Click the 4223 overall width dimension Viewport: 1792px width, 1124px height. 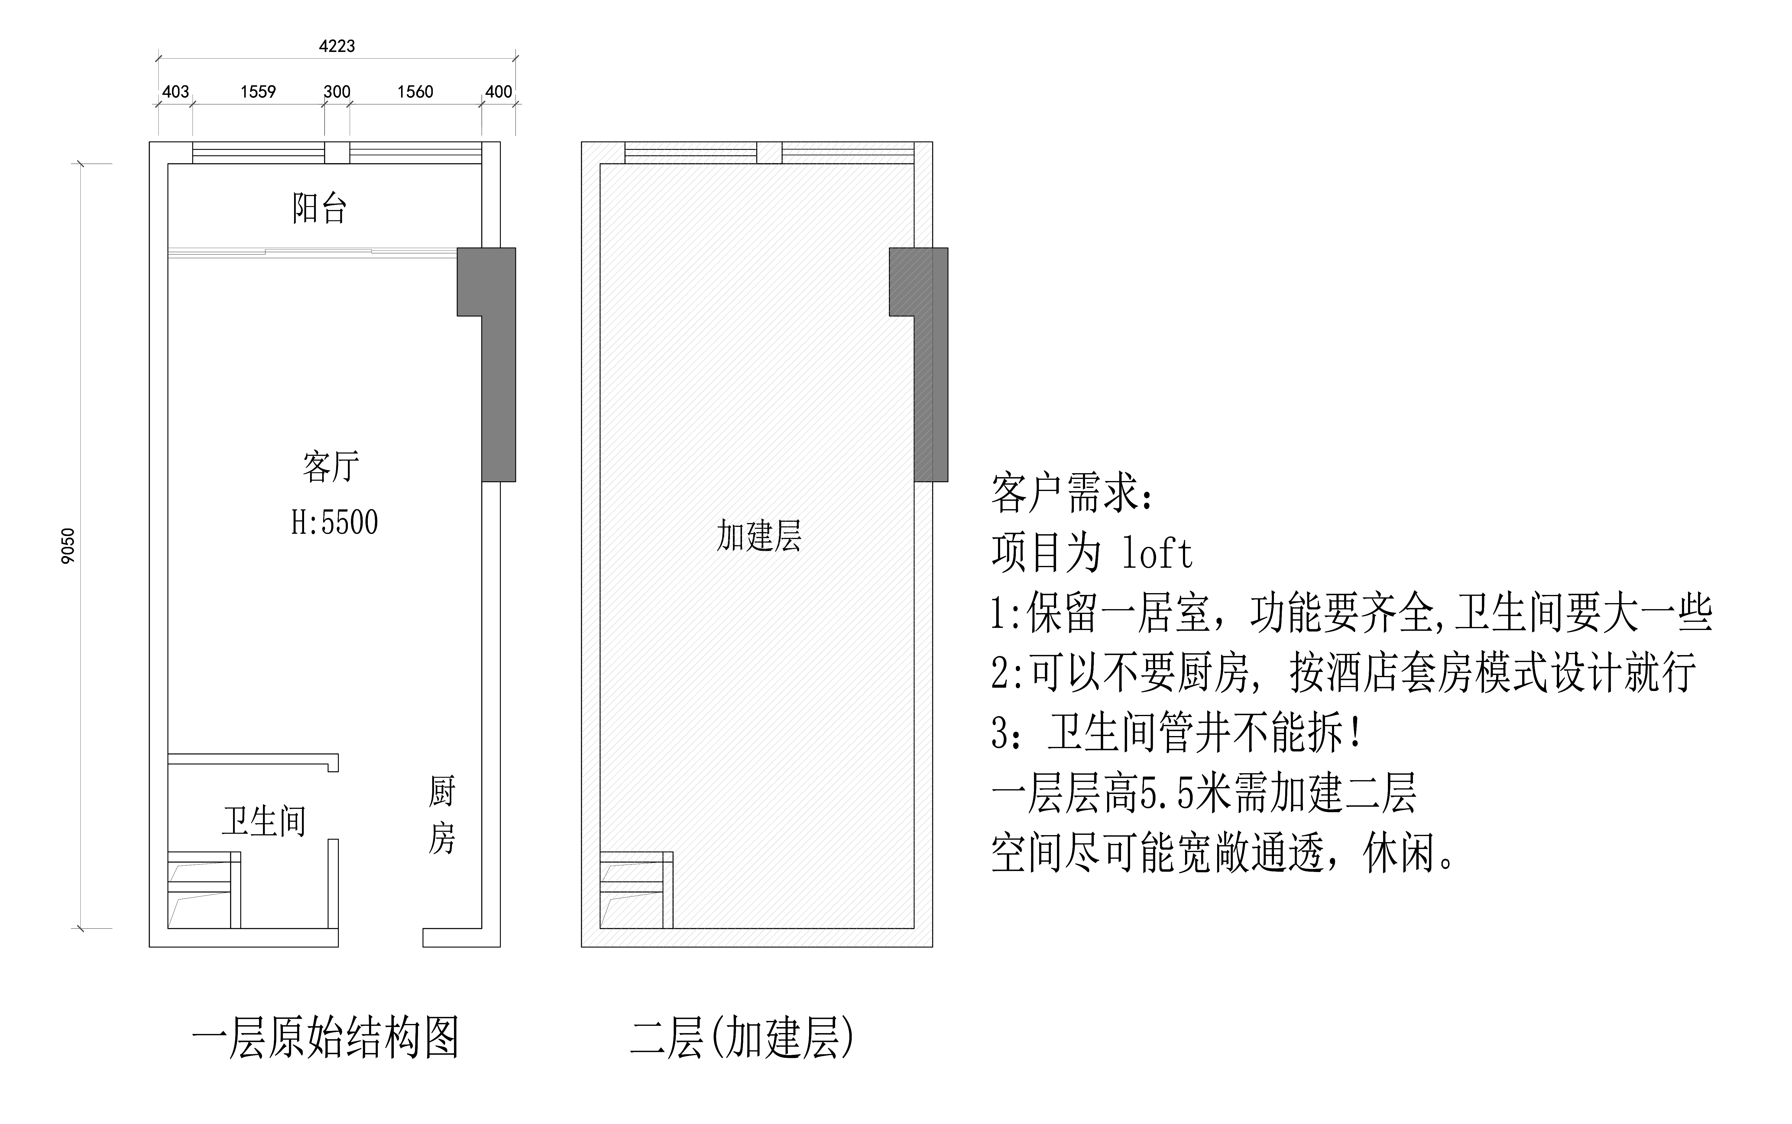[x=337, y=46]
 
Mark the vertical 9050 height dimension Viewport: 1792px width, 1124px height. [x=68, y=546]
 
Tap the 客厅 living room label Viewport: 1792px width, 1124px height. [x=331, y=467]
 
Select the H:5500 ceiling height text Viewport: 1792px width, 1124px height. [x=335, y=523]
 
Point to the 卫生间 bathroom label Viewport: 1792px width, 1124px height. [x=264, y=822]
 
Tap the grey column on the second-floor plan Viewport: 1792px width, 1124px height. [x=931, y=364]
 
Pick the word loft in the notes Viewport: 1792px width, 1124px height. [x=1157, y=554]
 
